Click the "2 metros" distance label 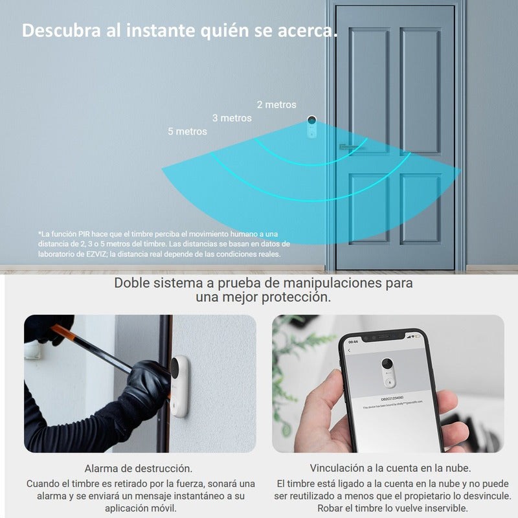tap(276, 105)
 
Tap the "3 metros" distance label tap(232, 118)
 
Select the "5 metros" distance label tap(187, 131)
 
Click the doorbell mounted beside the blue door tap(311, 127)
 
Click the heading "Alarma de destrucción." tap(139, 467)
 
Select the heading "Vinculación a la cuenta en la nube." tap(390, 467)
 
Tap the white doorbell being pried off tap(179, 385)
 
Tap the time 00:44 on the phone tap(353, 341)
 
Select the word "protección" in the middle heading tap(297, 297)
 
